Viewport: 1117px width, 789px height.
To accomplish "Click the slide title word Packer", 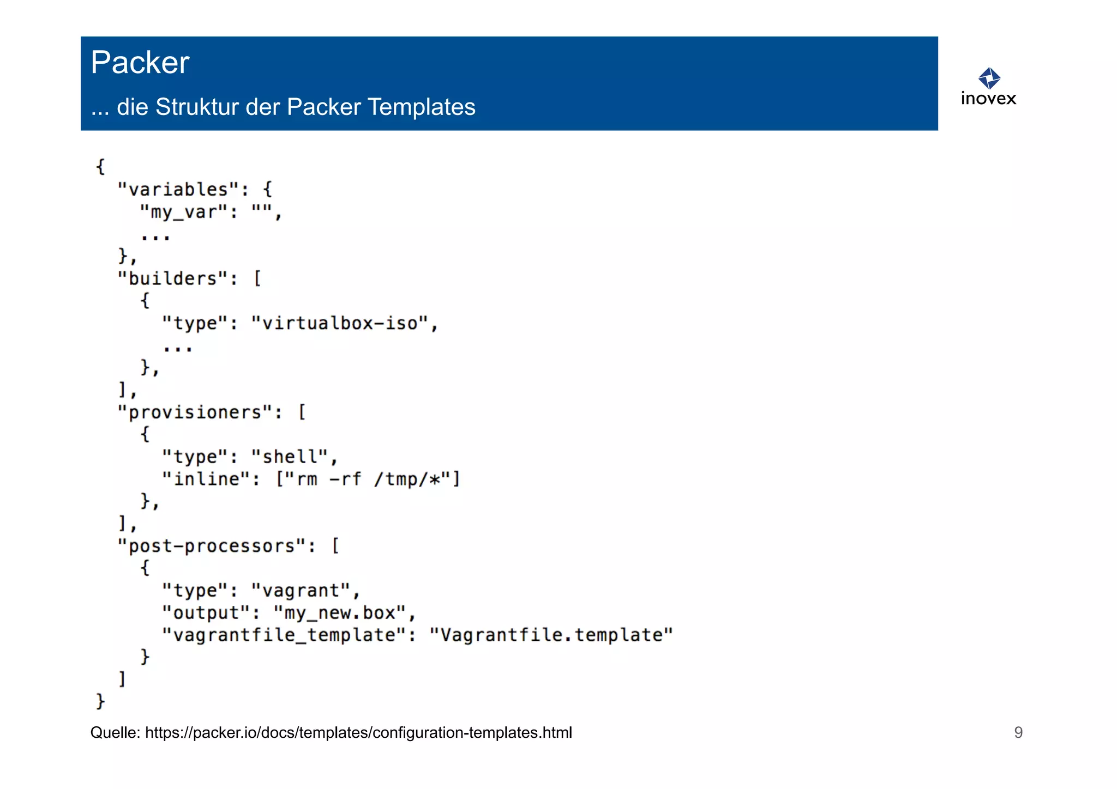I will click(x=140, y=62).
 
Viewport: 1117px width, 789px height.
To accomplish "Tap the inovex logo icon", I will click(x=989, y=78).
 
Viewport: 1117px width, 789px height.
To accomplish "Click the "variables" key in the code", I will click(x=178, y=190).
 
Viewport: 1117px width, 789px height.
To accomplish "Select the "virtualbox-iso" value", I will click(x=339, y=323).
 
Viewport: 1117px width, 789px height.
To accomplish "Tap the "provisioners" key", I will click(x=195, y=412).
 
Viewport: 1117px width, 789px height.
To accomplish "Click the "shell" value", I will click(x=290, y=457).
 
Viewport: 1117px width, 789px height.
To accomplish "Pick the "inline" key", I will click(x=206, y=479).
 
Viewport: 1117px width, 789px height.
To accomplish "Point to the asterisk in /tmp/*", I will click(x=434, y=480).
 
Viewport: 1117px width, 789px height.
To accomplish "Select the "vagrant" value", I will click(x=301, y=591).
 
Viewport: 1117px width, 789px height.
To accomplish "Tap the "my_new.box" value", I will click(x=339, y=613).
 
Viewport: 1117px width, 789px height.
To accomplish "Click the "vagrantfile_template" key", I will click(x=284, y=635).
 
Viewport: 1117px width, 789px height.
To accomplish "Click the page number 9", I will click(x=1018, y=732).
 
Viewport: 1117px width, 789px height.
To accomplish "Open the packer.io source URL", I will click(x=358, y=733).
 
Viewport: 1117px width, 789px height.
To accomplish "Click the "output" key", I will click(x=206, y=613).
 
